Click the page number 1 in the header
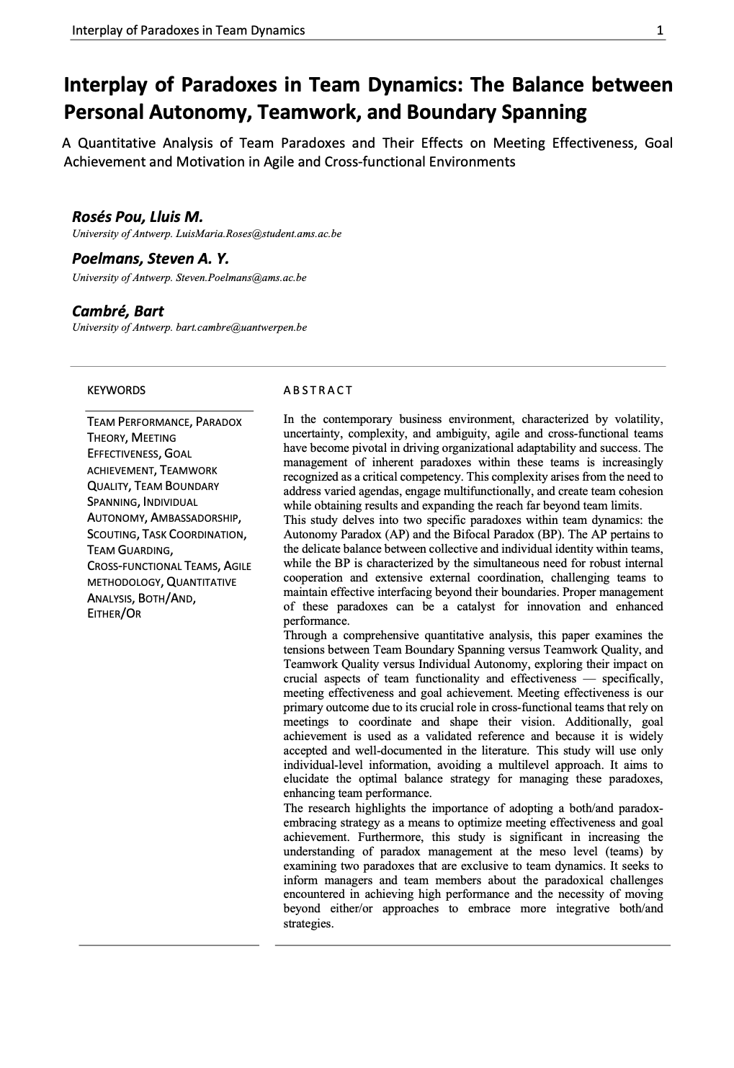coord(660,30)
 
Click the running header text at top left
coord(188,30)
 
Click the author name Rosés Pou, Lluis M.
coord(138,217)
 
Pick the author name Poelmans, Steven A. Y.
coord(150,259)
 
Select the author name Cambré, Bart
coord(117,311)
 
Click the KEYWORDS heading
coord(116,391)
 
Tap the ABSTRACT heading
coord(318,391)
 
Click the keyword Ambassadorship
coord(195,518)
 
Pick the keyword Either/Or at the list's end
coord(114,614)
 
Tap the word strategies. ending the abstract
coord(308,924)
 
